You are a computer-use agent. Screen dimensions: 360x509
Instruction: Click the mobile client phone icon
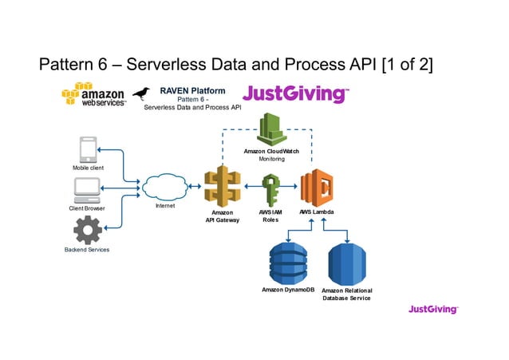[87, 150]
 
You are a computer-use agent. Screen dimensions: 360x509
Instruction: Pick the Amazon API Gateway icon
[222, 187]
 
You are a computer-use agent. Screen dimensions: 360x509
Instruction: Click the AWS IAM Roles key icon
[270, 190]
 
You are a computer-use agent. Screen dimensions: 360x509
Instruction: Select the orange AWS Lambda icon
[316, 188]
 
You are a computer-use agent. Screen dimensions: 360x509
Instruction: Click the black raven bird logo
[142, 95]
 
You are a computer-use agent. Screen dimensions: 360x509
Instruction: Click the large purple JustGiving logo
[295, 94]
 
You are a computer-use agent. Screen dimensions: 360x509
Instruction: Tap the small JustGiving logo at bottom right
[433, 309]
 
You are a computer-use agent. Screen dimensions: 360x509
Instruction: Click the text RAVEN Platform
[192, 90]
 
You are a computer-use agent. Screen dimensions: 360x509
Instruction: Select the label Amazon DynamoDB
[288, 290]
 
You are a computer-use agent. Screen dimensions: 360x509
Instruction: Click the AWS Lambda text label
[317, 212]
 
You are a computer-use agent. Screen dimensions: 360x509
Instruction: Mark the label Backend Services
[87, 250]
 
